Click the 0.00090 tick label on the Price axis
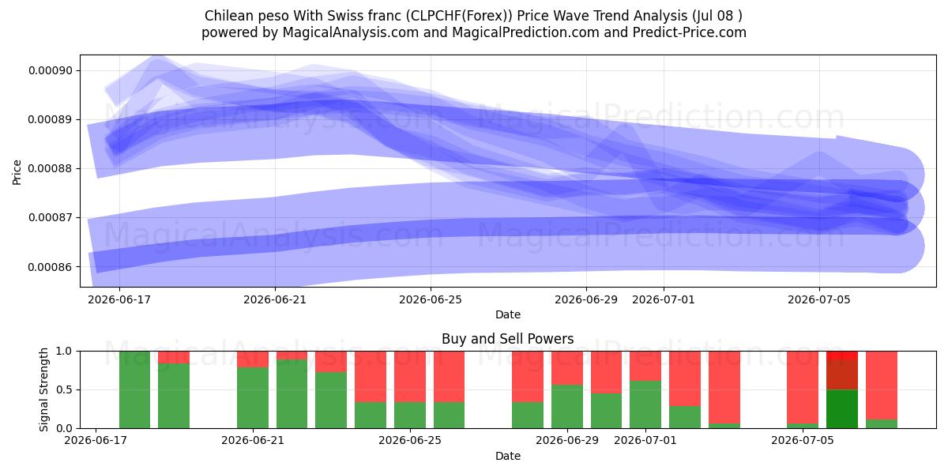click(x=51, y=70)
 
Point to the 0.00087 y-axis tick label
click(x=51, y=218)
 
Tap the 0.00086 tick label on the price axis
click(x=51, y=267)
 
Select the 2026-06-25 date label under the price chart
click(x=431, y=299)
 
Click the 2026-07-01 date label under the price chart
click(x=663, y=299)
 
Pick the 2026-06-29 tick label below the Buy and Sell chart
click(x=567, y=440)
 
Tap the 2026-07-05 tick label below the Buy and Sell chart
click(x=803, y=440)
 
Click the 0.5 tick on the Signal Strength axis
click(x=64, y=389)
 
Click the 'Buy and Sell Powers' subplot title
click(x=507, y=339)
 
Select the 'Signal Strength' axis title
click(x=43, y=389)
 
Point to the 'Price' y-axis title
click(x=17, y=172)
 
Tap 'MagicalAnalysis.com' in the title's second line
click(x=351, y=32)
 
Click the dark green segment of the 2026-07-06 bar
click(x=842, y=409)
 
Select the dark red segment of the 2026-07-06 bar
click(x=842, y=374)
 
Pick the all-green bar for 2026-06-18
click(x=134, y=389)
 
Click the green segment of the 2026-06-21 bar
click(x=252, y=398)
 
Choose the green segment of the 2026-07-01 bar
click(x=645, y=404)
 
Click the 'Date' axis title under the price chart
click(x=507, y=314)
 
